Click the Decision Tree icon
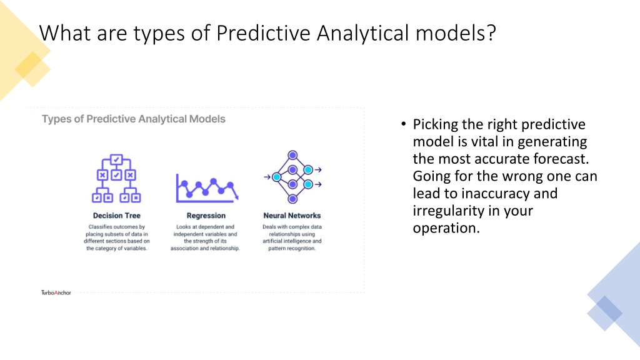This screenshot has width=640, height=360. pos(116,178)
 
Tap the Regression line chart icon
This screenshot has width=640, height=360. pos(207,188)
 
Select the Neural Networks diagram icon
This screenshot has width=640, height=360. pos(292,177)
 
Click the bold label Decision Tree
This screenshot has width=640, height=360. pos(117,216)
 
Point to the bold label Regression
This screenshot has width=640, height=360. pos(206,216)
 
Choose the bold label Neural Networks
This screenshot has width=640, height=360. pos(292,216)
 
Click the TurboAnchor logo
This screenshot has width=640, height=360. pos(56,292)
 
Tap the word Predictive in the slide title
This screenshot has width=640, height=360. pos(263,33)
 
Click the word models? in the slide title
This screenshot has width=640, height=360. pos(456,33)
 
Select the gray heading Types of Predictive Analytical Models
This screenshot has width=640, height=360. pos(134,119)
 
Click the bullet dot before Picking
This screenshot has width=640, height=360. pos(404,124)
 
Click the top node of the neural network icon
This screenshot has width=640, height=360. pos(292,155)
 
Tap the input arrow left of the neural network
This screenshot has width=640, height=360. pos(267,177)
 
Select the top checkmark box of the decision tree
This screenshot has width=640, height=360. pos(116,159)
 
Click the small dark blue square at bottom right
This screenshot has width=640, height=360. pos(605,313)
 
